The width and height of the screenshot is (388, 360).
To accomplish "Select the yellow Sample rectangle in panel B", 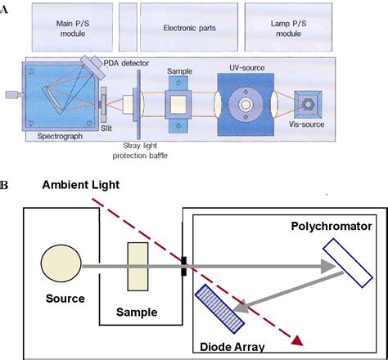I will [x=137, y=267].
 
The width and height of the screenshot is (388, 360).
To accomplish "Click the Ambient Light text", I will [x=81, y=186].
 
